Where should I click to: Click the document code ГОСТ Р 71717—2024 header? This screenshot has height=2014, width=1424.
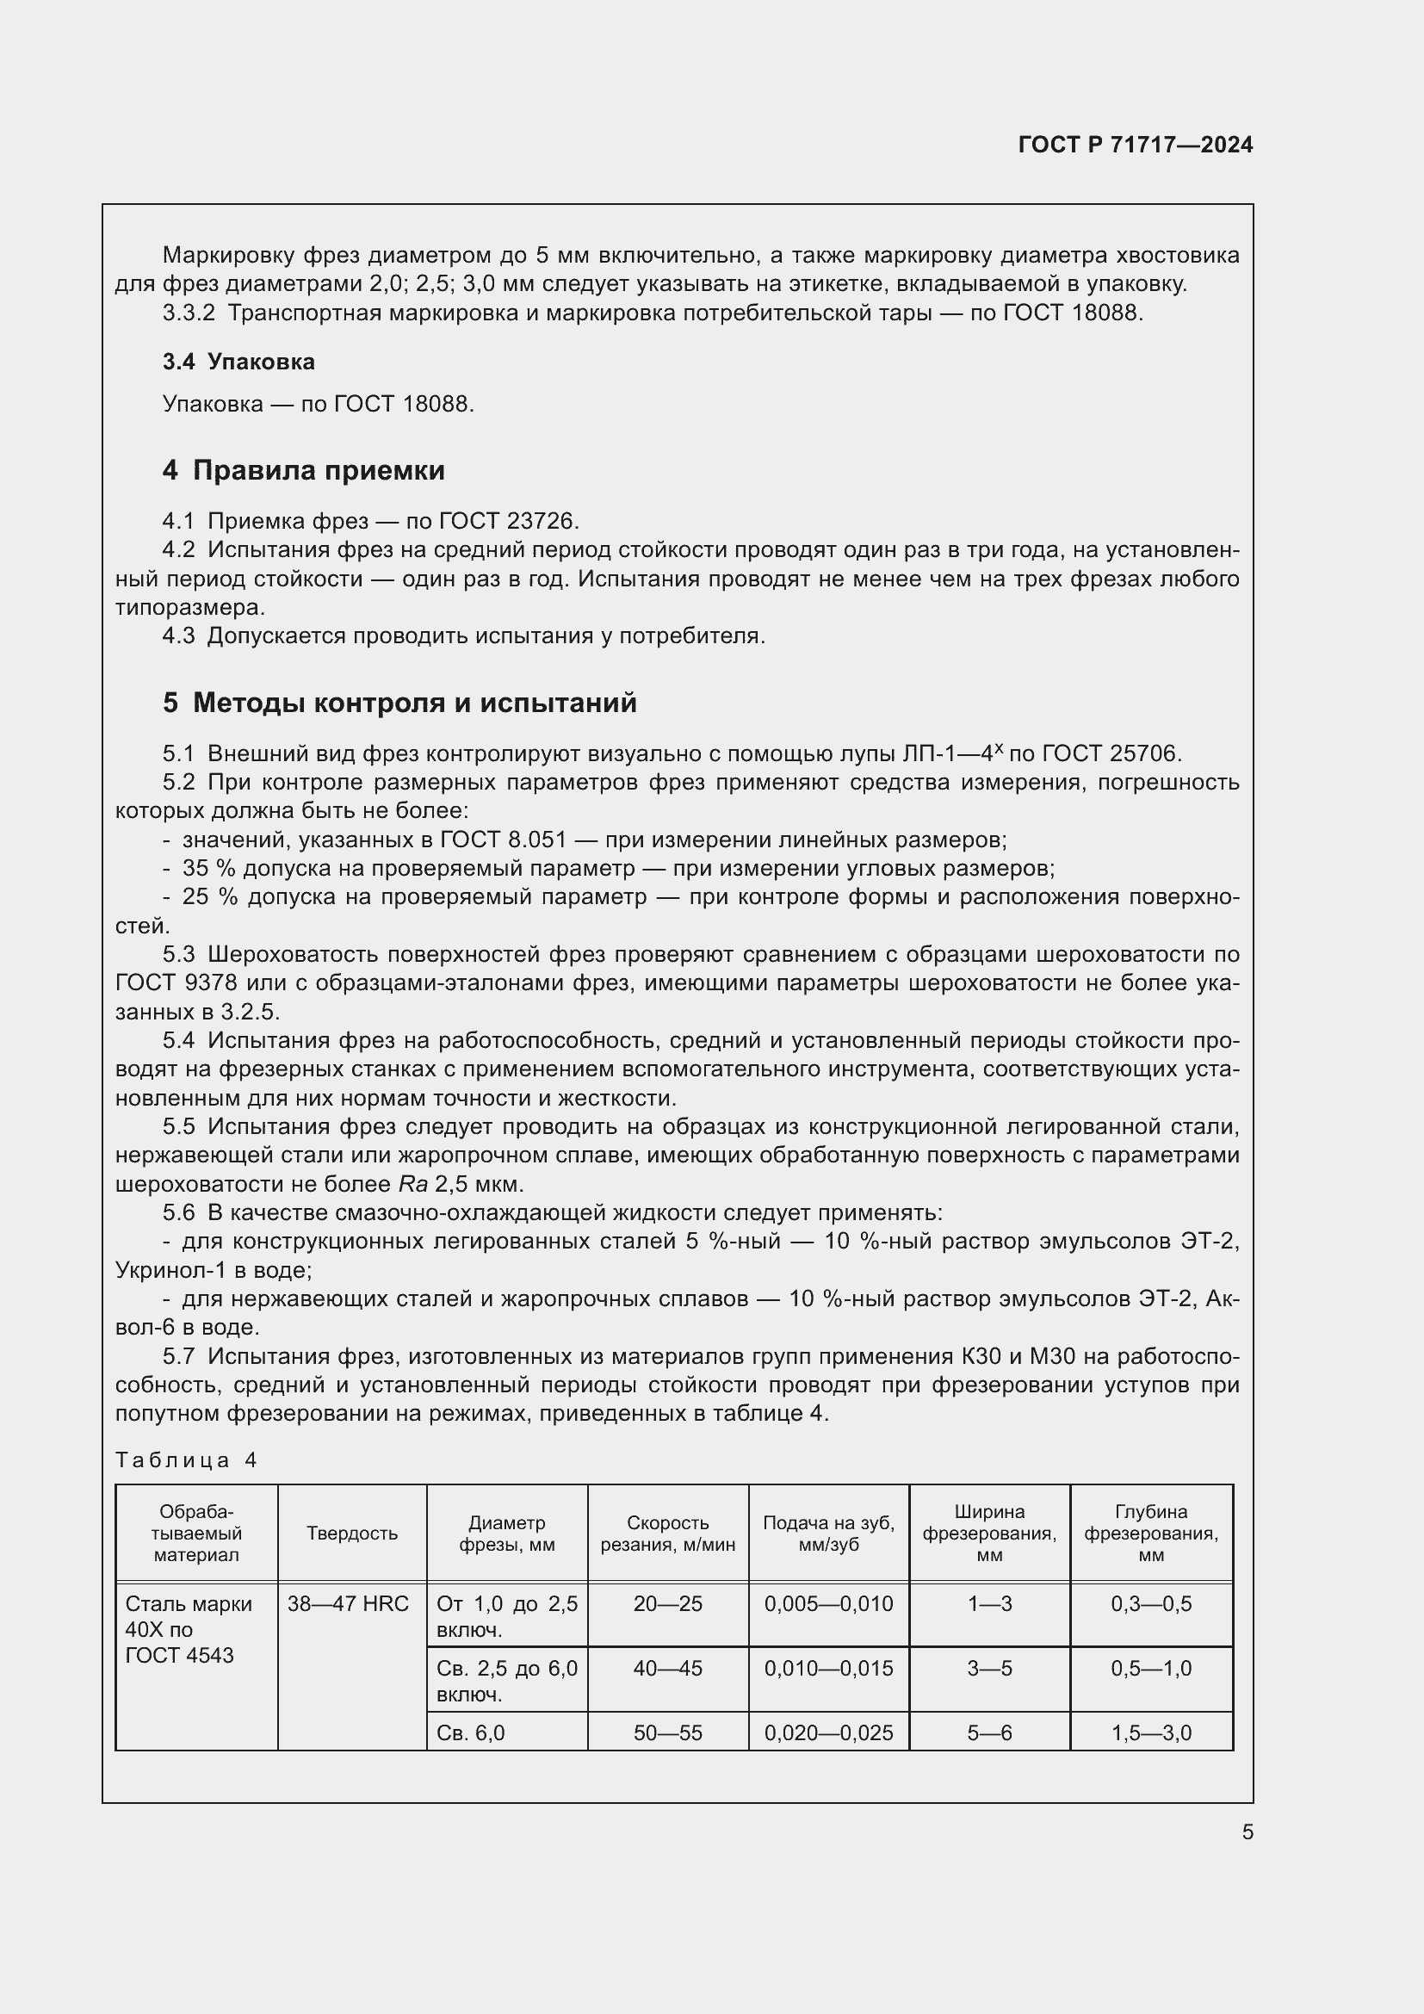coord(1135,146)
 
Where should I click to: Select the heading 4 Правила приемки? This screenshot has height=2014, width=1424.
coord(303,471)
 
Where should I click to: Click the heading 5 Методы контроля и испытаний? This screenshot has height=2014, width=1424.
coord(399,703)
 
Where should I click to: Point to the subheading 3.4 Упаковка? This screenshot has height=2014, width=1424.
coord(238,362)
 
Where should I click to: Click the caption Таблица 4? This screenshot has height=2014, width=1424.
coord(186,1459)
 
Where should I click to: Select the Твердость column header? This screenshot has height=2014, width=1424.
coord(351,1534)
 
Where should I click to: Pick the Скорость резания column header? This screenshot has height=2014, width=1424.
coord(667,1534)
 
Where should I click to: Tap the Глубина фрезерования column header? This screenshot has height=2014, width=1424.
coord(1150,1534)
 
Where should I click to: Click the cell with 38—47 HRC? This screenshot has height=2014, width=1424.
coord(348,1604)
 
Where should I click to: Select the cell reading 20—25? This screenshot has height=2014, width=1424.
coord(667,1604)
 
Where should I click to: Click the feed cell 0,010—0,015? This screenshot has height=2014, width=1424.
coord(827,1669)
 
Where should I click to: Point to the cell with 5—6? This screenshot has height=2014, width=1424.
coord(989,1732)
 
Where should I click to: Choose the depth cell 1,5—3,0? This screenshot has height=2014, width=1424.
coord(1150,1732)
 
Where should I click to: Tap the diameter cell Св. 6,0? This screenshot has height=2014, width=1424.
coord(471,1732)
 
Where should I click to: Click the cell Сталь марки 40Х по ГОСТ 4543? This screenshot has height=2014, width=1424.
coord(189,1629)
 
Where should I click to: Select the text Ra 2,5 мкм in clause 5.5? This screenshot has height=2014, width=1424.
coord(461,1184)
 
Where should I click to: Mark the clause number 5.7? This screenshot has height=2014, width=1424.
coord(178,1356)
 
